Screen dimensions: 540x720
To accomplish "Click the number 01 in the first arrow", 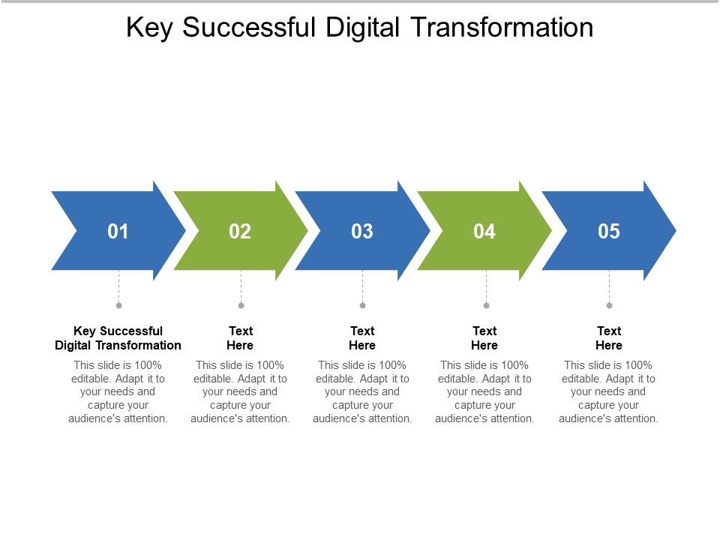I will click(x=118, y=232).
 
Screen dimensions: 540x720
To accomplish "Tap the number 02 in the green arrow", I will click(x=240, y=232).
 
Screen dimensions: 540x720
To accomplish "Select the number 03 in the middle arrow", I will click(x=362, y=232).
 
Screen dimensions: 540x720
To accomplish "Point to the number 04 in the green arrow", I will click(x=484, y=232).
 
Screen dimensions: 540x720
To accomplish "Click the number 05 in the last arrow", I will click(x=609, y=232).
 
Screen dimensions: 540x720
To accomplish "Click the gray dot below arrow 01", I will click(x=118, y=305).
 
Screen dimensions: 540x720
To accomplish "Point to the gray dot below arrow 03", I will click(x=362, y=305).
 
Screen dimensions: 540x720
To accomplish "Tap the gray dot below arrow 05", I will click(x=609, y=305).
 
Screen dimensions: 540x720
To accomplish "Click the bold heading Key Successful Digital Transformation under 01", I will click(x=118, y=338).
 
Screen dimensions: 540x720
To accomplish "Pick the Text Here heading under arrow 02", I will click(x=240, y=338).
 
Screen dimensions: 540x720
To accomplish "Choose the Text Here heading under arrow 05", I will click(x=609, y=338).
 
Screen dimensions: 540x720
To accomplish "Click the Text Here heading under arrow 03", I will click(x=362, y=338).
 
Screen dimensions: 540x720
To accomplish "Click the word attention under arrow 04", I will click(x=510, y=418).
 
